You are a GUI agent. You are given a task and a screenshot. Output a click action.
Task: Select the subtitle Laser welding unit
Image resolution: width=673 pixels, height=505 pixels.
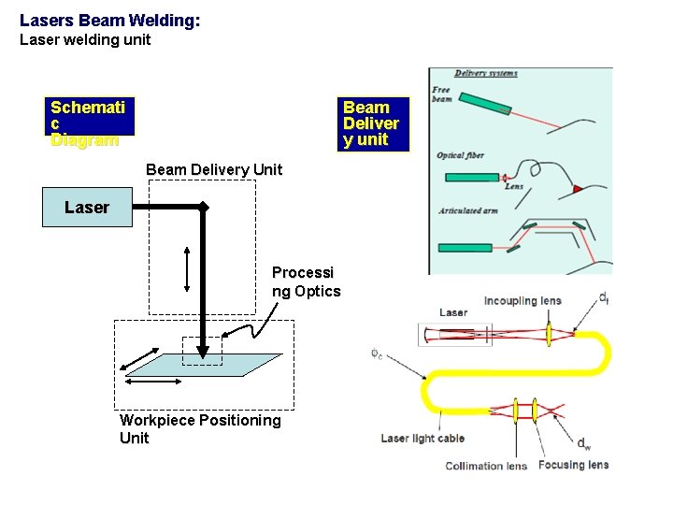click(x=85, y=39)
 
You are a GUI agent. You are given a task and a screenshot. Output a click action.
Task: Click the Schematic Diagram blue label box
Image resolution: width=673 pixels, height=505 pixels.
click(x=87, y=123)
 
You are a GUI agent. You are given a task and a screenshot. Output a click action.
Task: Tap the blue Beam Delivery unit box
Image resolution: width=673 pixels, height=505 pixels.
click(x=373, y=123)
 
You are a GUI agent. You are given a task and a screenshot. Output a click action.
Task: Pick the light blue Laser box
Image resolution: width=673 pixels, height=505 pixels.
click(x=87, y=208)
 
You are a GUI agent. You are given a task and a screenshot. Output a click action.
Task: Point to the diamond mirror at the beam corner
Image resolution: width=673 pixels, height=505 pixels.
click(x=203, y=207)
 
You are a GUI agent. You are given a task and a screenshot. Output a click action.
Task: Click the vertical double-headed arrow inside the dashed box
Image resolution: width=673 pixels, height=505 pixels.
click(x=188, y=268)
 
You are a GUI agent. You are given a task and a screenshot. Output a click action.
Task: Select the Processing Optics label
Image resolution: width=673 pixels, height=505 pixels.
click(x=306, y=281)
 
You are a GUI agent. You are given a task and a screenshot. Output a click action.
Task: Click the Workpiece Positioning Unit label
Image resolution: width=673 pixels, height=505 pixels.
click(x=199, y=429)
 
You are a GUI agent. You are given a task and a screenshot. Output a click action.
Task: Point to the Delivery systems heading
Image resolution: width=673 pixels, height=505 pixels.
click(x=486, y=73)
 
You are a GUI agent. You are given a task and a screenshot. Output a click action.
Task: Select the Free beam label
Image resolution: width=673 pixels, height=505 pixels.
click(x=441, y=95)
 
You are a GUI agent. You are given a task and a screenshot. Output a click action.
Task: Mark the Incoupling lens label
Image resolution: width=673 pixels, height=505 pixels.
click(x=522, y=300)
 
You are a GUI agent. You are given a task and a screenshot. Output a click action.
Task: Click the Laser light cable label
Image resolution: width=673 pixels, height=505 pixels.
click(x=422, y=438)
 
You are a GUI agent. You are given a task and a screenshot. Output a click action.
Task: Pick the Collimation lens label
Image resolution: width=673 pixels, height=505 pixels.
click(x=486, y=466)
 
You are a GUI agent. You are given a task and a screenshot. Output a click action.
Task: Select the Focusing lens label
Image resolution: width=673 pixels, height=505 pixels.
click(x=573, y=465)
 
